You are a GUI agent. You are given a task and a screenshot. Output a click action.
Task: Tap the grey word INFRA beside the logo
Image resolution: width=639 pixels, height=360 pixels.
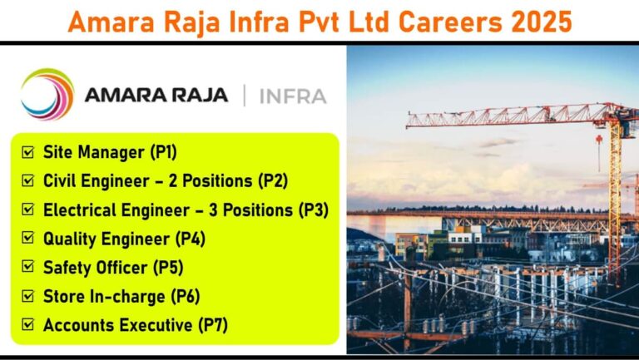[293, 96]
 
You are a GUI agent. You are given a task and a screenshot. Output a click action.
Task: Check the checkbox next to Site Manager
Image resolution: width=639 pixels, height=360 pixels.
[28, 152]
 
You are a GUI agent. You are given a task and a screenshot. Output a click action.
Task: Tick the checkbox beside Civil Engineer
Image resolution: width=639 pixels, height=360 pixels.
[28, 180]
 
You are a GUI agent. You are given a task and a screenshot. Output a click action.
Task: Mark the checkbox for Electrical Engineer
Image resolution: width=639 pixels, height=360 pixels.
[28, 210]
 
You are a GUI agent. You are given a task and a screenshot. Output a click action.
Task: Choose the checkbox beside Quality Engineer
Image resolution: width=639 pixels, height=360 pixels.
[28, 239]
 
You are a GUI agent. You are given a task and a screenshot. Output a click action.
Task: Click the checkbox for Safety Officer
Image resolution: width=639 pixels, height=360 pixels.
[28, 267]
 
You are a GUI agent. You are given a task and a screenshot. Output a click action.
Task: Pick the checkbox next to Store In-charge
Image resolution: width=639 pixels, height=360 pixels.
[28, 296]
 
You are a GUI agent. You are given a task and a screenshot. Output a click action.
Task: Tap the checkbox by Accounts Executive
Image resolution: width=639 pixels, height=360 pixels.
[28, 324]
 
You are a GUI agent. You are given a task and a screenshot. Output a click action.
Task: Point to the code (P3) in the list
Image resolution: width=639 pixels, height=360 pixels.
[314, 210]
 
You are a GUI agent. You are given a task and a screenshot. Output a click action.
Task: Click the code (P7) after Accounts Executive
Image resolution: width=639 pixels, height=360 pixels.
[213, 325]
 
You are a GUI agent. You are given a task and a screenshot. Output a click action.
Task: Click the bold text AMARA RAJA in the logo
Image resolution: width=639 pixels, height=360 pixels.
[156, 96]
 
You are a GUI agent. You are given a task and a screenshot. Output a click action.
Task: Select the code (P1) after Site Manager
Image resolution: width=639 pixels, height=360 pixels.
[163, 152]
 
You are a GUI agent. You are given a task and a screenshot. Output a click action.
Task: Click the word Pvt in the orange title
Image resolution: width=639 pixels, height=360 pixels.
[319, 22]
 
